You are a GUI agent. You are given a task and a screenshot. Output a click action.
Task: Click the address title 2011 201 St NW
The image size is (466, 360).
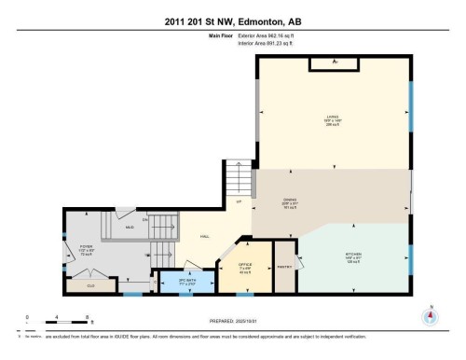pyautogui.click(x=233, y=21)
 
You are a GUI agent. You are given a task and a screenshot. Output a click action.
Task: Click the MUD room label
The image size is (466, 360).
pyautogui.click(x=130, y=227)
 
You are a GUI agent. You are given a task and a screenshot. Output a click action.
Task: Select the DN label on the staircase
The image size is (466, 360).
pyautogui.click(x=146, y=220)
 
